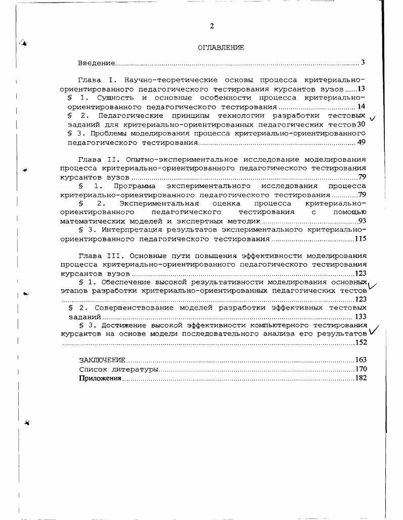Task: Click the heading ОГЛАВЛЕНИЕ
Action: point(220,48)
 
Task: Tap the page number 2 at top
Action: point(212,26)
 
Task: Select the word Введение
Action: point(96,63)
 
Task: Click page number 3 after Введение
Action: point(363,63)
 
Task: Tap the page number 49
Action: point(361,142)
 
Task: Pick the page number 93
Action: point(362,221)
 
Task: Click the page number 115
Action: point(360,239)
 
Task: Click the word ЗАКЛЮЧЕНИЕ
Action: point(102,360)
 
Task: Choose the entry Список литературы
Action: point(118,369)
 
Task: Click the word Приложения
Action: point(100,377)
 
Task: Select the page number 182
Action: point(361,377)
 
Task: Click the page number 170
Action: point(361,369)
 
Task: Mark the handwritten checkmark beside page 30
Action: point(374,118)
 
